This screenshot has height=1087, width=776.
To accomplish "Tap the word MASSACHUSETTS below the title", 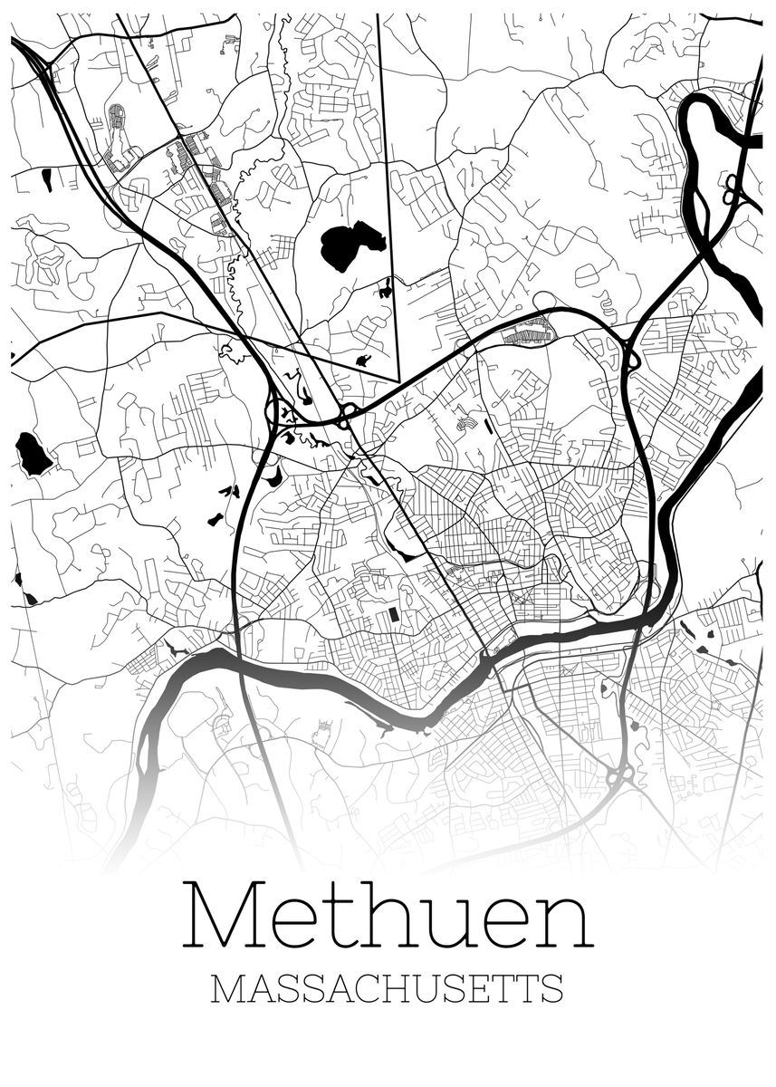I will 387,988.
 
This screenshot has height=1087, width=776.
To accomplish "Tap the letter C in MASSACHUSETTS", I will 363,988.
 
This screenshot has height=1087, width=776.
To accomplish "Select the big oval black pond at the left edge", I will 34,453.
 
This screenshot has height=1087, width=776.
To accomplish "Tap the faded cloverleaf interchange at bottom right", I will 620,776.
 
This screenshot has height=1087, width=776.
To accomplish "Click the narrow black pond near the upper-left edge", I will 46,179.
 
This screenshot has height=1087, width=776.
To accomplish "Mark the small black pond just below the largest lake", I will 387,291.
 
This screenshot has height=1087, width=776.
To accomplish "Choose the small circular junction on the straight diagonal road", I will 345,413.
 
